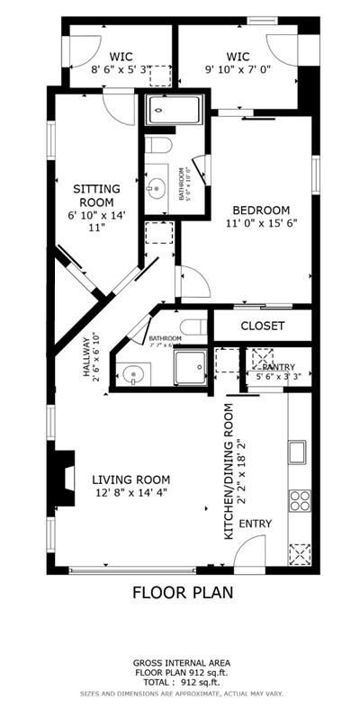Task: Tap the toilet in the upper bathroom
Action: (x=159, y=146)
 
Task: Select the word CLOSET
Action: (x=263, y=326)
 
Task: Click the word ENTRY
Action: (x=255, y=524)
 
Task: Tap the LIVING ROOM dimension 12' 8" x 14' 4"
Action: (x=130, y=492)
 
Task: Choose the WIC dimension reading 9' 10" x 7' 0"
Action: (x=238, y=71)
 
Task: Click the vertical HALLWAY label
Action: (x=89, y=355)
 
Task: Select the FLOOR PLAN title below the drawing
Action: (x=183, y=593)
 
